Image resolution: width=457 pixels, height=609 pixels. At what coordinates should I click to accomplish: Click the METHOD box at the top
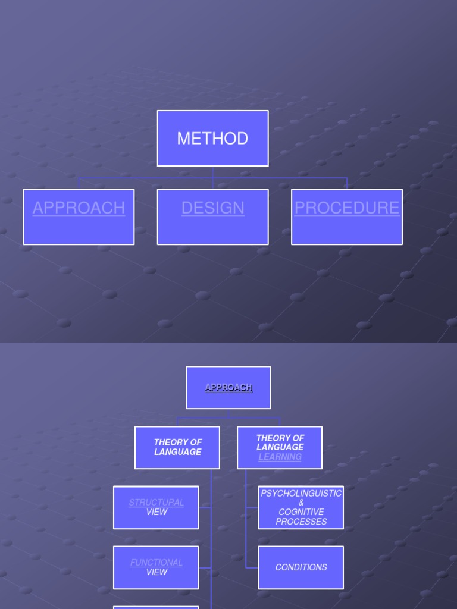(212, 139)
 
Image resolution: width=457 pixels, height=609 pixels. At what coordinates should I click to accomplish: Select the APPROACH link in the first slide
(79, 208)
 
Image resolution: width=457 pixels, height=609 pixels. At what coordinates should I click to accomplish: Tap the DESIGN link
(212, 208)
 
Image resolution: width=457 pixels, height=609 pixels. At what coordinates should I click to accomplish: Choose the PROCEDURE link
(347, 208)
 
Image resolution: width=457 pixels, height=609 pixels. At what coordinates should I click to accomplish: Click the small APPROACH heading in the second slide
(228, 388)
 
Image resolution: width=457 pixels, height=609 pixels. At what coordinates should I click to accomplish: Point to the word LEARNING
(280, 457)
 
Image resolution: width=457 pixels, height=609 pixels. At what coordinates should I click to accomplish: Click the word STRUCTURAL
(156, 503)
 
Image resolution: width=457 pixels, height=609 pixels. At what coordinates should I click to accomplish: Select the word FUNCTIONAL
(156, 563)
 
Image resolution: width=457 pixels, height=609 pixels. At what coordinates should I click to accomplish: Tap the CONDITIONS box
(301, 567)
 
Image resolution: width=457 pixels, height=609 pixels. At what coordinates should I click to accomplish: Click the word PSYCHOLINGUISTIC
(301, 494)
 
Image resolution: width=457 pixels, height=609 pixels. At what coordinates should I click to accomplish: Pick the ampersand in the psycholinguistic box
(301, 503)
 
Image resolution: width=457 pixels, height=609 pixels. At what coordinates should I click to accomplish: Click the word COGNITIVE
(301, 512)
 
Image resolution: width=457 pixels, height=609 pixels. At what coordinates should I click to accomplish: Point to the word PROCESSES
(301, 522)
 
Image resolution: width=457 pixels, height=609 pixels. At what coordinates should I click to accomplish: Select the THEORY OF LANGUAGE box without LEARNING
(177, 447)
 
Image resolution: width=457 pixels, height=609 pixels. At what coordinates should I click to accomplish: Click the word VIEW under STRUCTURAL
(156, 512)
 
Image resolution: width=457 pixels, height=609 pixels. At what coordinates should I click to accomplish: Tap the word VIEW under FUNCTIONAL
(156, 572)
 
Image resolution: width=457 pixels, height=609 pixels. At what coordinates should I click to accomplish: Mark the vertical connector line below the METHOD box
(212, 172)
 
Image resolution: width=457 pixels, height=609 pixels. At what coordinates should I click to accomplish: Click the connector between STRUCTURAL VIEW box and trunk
(205, 508)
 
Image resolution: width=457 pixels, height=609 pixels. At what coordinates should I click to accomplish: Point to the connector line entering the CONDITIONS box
(252, 568)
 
